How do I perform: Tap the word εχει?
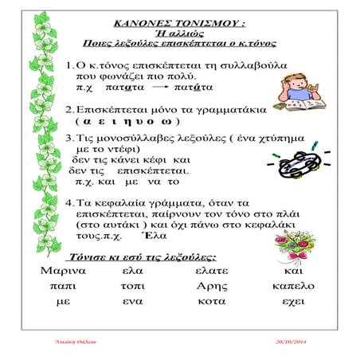click(x=298, y=302)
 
